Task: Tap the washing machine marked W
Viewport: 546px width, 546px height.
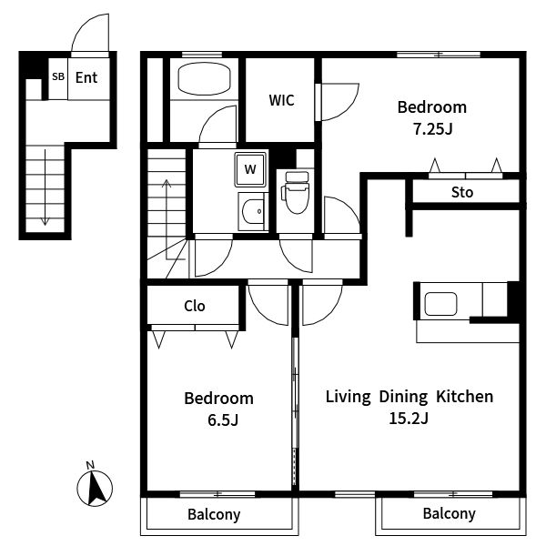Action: pos(250,169)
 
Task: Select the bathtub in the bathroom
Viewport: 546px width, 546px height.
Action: pos(204,78)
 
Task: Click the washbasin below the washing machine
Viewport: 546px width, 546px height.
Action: pos(253,211)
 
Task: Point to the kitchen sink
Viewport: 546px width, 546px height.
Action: pos(440,304)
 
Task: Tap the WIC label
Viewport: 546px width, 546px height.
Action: pos(281,100)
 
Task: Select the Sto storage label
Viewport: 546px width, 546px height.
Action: pos(462,192)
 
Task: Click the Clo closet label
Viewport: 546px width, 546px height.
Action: pos(195,306)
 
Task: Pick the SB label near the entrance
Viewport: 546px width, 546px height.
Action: pos(58,76)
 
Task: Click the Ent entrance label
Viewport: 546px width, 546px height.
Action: pos(86,77)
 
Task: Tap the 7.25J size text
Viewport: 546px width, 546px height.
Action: pos(432,129)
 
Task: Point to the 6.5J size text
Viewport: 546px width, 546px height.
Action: pos(223,420)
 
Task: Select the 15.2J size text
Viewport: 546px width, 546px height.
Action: pos(409,419)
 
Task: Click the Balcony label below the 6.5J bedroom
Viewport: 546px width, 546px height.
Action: pos(214,515)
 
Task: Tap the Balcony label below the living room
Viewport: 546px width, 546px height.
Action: pos(450,514)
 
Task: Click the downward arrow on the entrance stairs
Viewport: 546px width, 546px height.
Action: pos(45,187)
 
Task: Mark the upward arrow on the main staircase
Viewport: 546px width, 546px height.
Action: pos(167,219)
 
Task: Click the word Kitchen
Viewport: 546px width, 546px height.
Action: pos(464,397)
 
